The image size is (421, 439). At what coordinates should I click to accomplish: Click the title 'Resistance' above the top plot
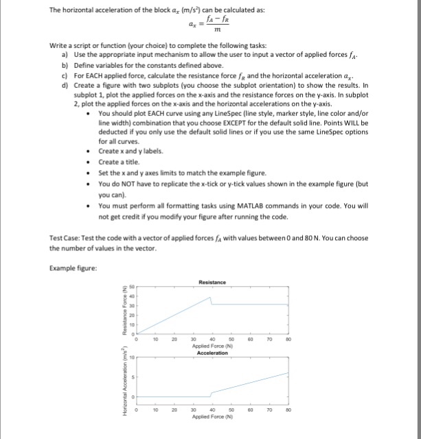(211, 281)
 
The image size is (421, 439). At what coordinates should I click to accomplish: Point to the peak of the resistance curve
(210, 298)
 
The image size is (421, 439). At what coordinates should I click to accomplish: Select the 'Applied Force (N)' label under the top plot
(212, 347)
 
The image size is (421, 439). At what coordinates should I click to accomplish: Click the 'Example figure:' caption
(69, 267)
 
